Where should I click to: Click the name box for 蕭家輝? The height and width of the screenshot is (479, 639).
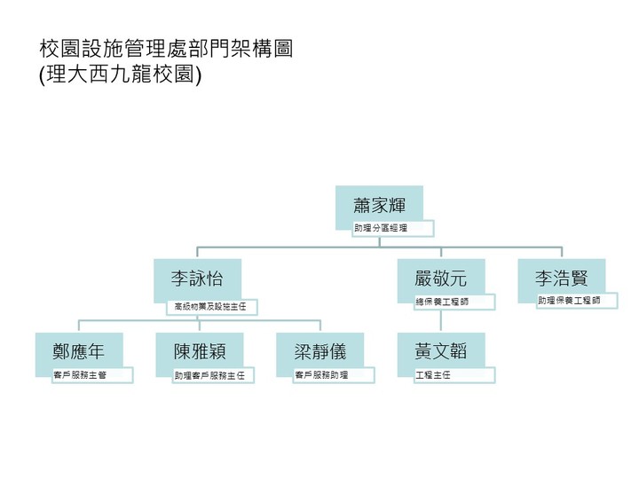[x=379, y=205]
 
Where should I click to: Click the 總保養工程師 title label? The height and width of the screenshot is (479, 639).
[x=454, y=302]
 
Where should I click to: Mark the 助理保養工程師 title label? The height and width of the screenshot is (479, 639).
[x=576, y=301]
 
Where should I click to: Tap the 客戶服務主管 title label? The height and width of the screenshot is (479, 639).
[x=92, y=375]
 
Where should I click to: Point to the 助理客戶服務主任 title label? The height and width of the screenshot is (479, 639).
[x=213, y=375]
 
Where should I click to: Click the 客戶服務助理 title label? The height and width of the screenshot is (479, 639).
[x=334, y=375]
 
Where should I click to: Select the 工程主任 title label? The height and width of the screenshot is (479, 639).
[x=454, y=375]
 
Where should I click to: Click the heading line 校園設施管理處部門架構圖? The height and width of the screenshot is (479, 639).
[x=166, y=49]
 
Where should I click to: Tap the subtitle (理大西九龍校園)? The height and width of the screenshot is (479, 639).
[x=121, y=75]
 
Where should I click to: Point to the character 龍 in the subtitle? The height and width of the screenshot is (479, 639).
[x=148, y=75]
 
